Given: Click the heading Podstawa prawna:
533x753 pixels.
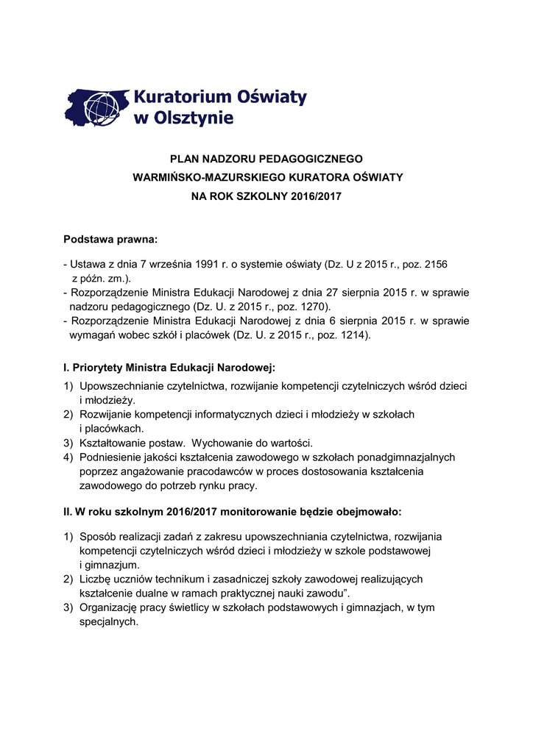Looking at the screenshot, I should pos(110,239).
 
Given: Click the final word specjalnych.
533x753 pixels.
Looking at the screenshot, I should pos(108,621).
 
